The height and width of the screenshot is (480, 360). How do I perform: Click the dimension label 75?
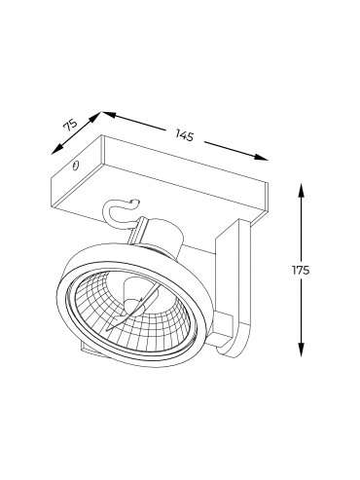point(70,126)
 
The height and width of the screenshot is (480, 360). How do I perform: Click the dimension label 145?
point(184,135)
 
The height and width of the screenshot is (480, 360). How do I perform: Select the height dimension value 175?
point(301,270)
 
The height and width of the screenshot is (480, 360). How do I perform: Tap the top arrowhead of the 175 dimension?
point(302,190)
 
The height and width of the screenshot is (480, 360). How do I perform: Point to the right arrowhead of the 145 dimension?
point(262,157)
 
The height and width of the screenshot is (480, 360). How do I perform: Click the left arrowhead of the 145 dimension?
point(110,114)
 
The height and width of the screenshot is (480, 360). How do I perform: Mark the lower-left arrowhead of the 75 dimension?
point(56,149)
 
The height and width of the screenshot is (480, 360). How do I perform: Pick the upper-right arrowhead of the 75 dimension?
point(95,117)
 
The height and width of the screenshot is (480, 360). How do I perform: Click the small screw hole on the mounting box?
point(75,166)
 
